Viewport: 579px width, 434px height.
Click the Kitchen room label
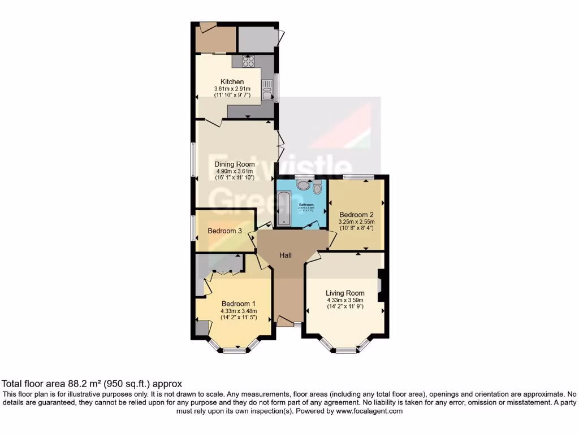point(232,82)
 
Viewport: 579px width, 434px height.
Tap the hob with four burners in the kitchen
point(248,61)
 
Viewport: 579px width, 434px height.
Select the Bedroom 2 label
point(356,215)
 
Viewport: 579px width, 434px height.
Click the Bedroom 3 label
point(224,231)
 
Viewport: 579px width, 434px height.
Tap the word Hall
point(286,255)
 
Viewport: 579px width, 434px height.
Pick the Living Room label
point(345,293)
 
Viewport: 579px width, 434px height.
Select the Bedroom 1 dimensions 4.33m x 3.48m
point(239,311)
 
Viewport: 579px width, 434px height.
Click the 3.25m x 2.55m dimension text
point(357,222)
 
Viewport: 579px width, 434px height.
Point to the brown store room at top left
point(215,38)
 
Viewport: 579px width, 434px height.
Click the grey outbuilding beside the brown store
point(258,38)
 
